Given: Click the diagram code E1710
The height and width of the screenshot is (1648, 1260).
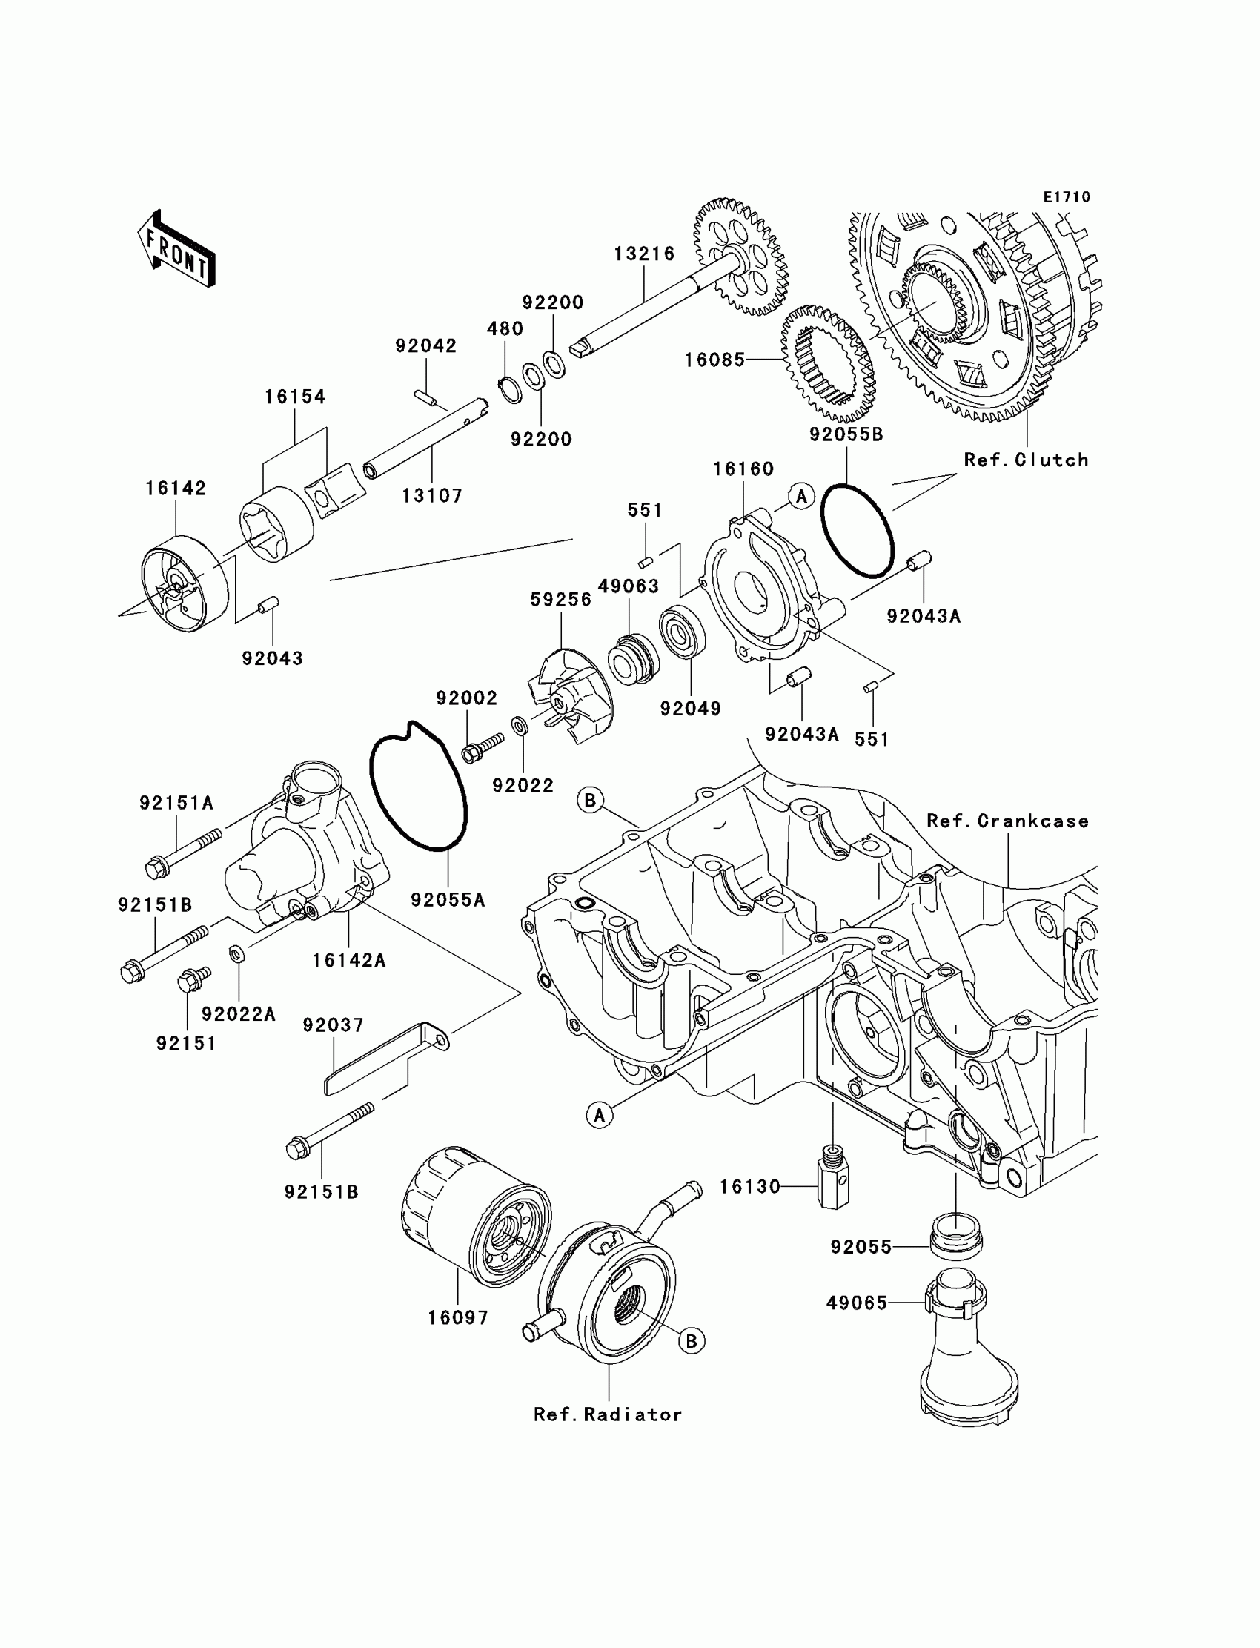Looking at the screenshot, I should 1067,197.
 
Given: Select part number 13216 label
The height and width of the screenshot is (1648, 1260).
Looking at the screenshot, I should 644,254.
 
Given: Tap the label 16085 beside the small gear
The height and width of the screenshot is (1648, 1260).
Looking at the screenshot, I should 714,360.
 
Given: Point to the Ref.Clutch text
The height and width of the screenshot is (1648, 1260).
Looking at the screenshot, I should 1025,460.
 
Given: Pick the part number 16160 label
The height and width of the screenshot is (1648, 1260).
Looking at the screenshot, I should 743,469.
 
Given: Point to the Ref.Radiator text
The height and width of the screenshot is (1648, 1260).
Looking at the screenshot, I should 608,1414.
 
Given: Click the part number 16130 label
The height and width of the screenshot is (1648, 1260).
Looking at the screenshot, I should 749,1187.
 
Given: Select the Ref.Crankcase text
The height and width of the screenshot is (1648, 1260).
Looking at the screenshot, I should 1007,821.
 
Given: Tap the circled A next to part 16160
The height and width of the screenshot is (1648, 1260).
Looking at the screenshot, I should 801,496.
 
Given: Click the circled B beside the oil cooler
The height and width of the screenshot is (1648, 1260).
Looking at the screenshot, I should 691,1340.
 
